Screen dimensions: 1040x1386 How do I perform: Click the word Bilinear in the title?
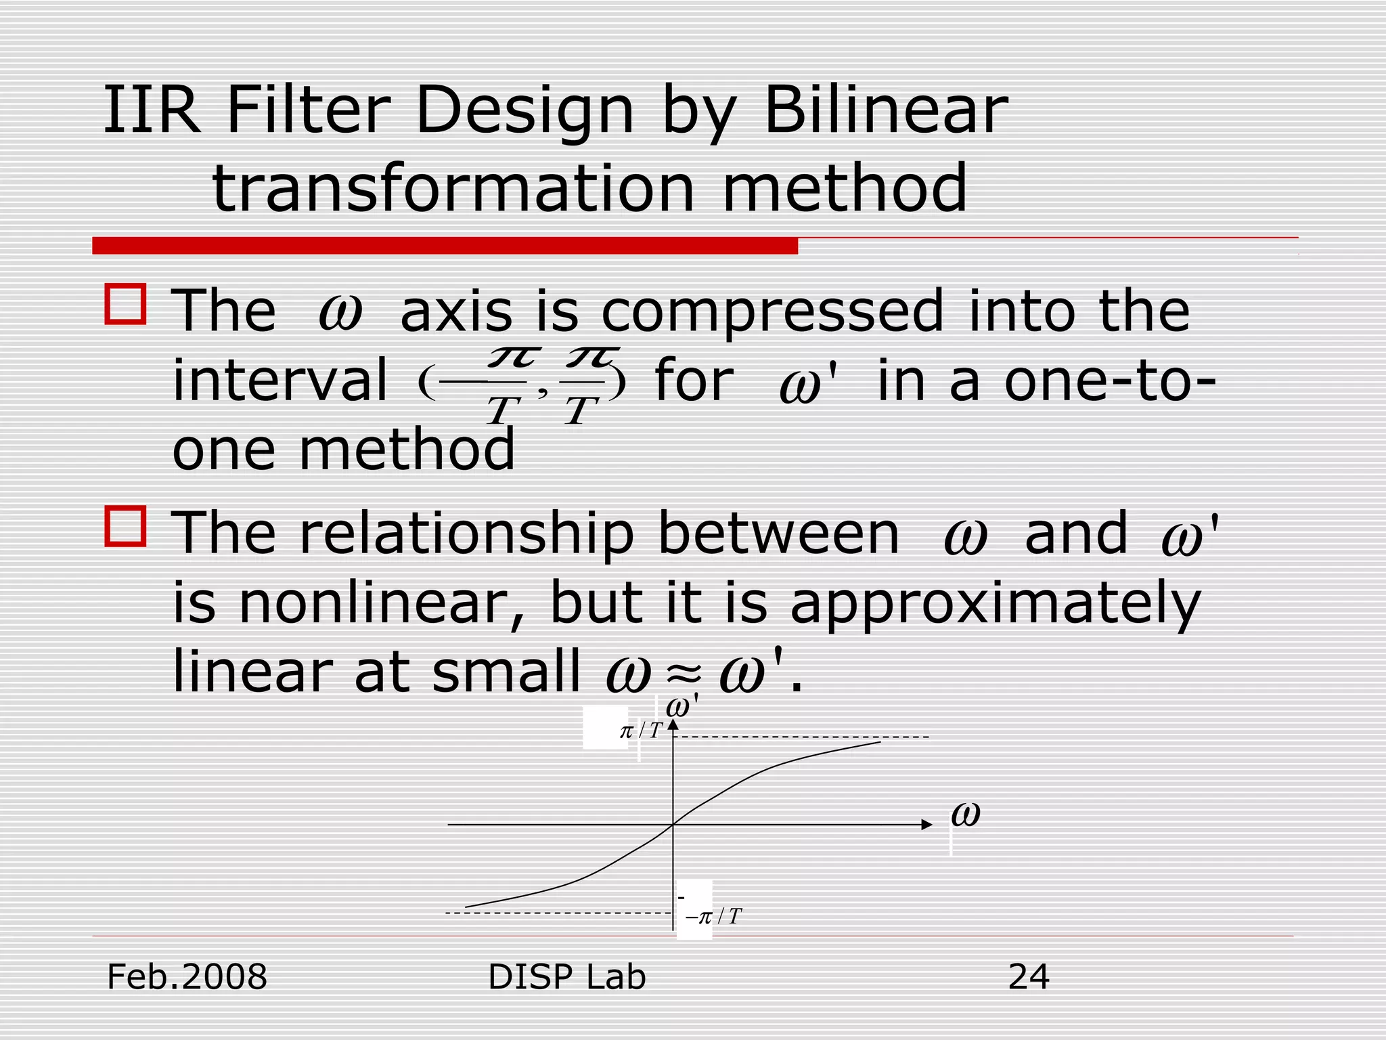coord(885,110)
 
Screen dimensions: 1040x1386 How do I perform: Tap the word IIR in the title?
coord(152,110)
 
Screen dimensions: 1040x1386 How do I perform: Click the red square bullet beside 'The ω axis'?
coord(126,304)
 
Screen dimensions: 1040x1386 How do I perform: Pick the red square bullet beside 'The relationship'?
coord(126,526)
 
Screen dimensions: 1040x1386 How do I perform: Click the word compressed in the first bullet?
coord(772,312)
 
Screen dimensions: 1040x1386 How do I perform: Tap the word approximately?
coord(996,603)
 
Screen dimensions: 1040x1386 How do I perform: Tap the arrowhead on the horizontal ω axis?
coord(926,825)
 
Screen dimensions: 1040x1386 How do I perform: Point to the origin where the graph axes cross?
coord(673,825)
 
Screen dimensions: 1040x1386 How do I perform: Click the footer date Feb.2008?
coord(187,977)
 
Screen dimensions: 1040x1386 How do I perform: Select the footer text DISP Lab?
coord(566,977)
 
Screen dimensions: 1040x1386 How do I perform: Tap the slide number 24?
coord(1028,977)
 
